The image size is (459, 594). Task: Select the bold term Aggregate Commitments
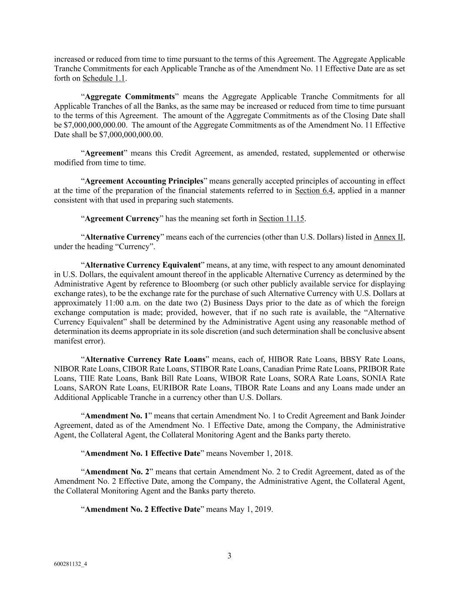[130, 97]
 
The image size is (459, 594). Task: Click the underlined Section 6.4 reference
[314, 191]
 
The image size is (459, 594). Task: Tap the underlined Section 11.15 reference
[281, 218]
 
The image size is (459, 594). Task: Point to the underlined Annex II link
[389, 237]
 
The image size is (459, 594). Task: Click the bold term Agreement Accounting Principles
[144, 181]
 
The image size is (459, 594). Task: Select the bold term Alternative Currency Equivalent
[143, 265]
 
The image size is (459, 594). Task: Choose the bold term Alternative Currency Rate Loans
[145, 359]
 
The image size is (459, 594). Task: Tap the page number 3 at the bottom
[229, 556]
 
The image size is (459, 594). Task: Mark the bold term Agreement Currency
[122, 218]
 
